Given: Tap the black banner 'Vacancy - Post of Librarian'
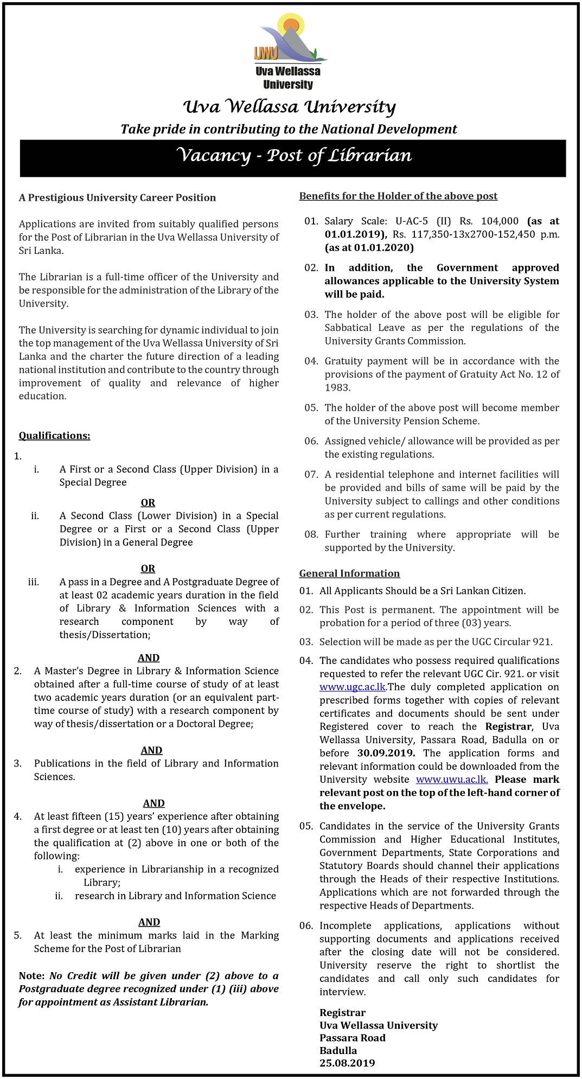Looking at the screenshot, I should pyautogui.click(x=293, y=156).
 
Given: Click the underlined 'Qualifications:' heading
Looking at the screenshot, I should pyautogui.click(x=55, y=436).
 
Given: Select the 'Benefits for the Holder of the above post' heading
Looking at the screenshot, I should pyautogui.click(x=398, y=196).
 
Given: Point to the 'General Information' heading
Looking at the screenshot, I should pyautogui.click(x=349, y=573).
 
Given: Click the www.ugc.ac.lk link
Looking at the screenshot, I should pyautogui.click(x=353, y=687).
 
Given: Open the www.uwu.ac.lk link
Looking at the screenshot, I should pyautogui.click(x=452, y=780).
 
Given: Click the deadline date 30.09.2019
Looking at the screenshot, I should pyautogui.click(x=386, y=753).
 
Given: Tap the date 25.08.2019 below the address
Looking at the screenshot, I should pyautogui.click(x=347, y=1063).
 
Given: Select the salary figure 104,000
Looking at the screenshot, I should pyautogui.click(x=500, y=221).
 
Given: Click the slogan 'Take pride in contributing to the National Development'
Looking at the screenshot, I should pyautogui.click(x=289, y=129).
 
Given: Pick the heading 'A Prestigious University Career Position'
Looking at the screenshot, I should pyautogui.click(x=117, y=197).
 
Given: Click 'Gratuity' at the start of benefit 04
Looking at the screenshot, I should pyautogui.click(x=345, y=361).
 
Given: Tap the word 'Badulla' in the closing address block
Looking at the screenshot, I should pyautogui.click(x=338, y=1050).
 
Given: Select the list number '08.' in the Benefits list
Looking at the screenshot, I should pyautogui.click(x=311, y=534).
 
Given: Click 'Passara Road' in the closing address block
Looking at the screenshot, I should pyautogui.click(x=353, y=1038).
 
